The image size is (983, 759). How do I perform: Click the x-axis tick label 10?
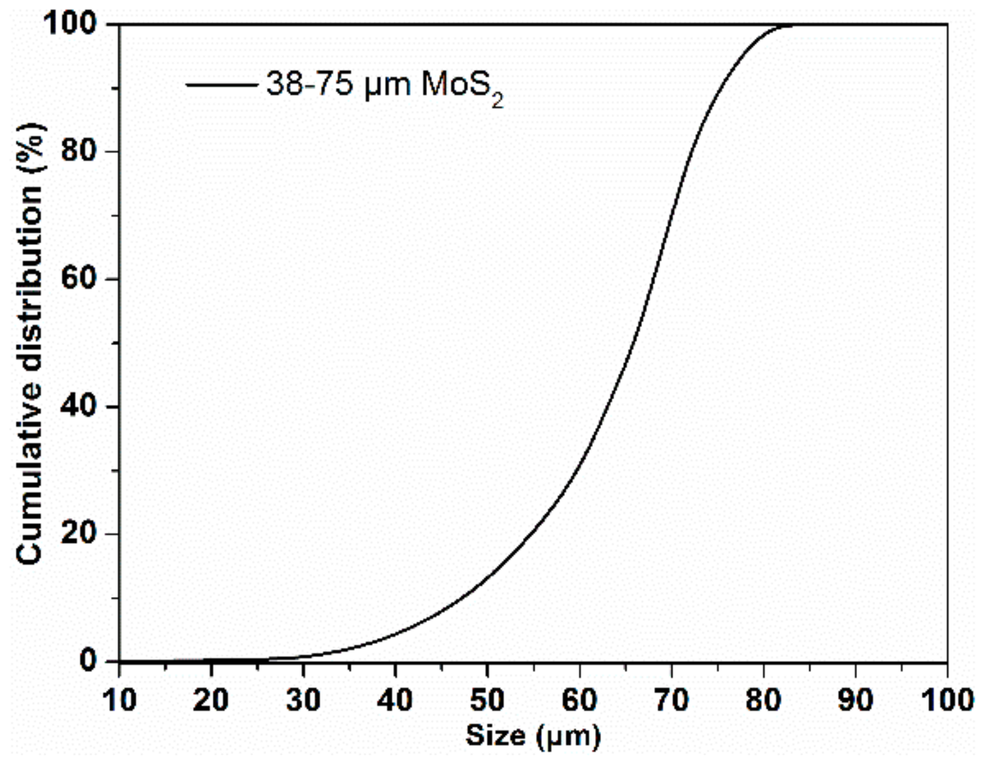pos(119,700)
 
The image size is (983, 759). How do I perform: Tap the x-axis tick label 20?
pos(211,700)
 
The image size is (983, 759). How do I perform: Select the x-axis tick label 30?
pos(303,700)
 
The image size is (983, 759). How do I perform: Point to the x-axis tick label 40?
pos(395,700)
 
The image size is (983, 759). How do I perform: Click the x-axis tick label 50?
pos(487,700)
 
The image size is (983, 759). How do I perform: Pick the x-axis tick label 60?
pos(579,700)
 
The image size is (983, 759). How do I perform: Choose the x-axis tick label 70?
pos(671,700)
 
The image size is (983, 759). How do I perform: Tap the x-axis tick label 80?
pos(763,700)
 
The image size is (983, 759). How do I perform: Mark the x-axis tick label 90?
pos(855,700)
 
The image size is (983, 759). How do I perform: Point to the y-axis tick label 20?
pos(80,534)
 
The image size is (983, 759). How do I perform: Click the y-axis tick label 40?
pos(80,407)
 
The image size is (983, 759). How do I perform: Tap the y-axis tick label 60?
pos(80,279)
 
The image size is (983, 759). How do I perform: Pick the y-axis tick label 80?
pos(80,151)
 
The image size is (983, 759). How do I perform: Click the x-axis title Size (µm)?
pos(533,736)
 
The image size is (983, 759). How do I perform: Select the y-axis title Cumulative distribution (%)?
pos(30,343)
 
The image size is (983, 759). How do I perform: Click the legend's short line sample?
pos(222,85)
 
